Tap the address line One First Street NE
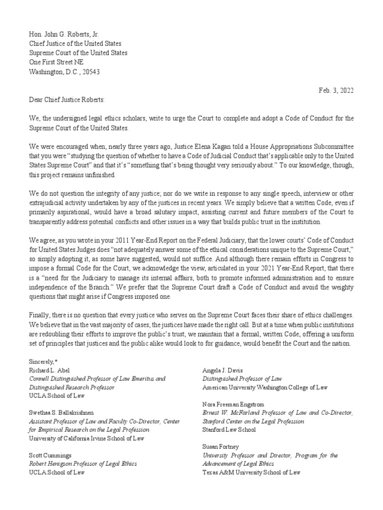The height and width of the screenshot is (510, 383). pos(56,62)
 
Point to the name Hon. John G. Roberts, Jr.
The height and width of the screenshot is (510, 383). pos(64,34)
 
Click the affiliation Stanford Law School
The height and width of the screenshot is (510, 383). pos(229,429)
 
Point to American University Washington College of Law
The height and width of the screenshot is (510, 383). pos(265,387)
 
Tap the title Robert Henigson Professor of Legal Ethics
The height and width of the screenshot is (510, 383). pos(83,464)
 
